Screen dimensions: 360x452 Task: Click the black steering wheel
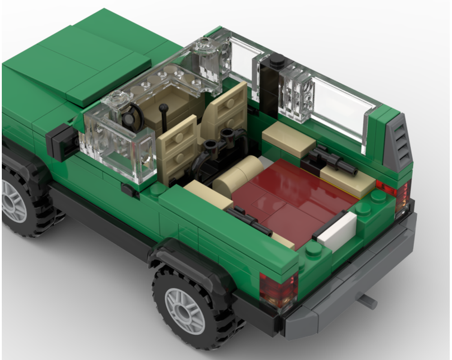132,117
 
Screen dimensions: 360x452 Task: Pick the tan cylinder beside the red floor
235,176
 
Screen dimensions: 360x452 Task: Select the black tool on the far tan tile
332,160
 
